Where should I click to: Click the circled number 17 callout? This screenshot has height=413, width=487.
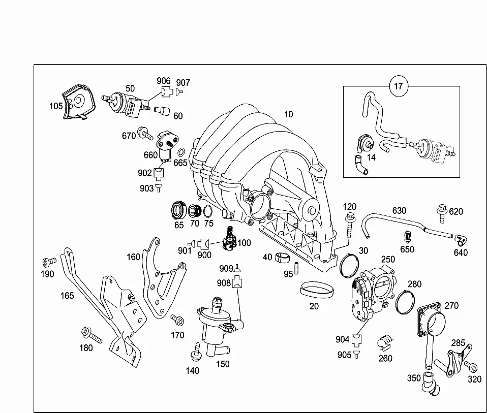click(398, 86)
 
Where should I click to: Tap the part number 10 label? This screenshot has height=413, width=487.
click(289, 114)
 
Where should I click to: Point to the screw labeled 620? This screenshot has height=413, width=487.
click(442, 213)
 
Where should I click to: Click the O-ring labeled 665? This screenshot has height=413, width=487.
click(181, 152)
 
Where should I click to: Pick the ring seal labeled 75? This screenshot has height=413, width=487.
click(208, 211)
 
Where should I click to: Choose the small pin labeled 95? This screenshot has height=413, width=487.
click(296, 268)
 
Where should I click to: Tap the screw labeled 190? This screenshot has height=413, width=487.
click(49, 262)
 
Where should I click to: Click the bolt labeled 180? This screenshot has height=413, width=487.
click(92, 335)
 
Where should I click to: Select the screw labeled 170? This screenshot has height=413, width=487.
click(177, 320)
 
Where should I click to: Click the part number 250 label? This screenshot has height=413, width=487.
click(388, 260)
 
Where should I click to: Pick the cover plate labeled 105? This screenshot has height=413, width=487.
click(79, 102)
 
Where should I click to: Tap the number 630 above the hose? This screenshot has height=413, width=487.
click(399, 211)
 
